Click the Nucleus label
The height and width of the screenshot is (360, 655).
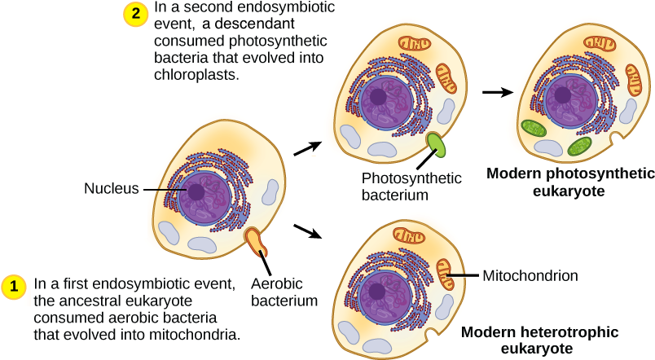[111, 189]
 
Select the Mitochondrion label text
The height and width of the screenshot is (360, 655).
[530, 275]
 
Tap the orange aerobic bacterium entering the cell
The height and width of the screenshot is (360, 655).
[258, 240]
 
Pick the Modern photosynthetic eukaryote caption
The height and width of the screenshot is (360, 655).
[569, 182]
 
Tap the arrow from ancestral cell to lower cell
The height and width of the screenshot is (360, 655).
[307, 232]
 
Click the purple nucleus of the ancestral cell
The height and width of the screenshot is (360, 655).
[198, 194]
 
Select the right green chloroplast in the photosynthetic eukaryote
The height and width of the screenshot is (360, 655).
[580, 146]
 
